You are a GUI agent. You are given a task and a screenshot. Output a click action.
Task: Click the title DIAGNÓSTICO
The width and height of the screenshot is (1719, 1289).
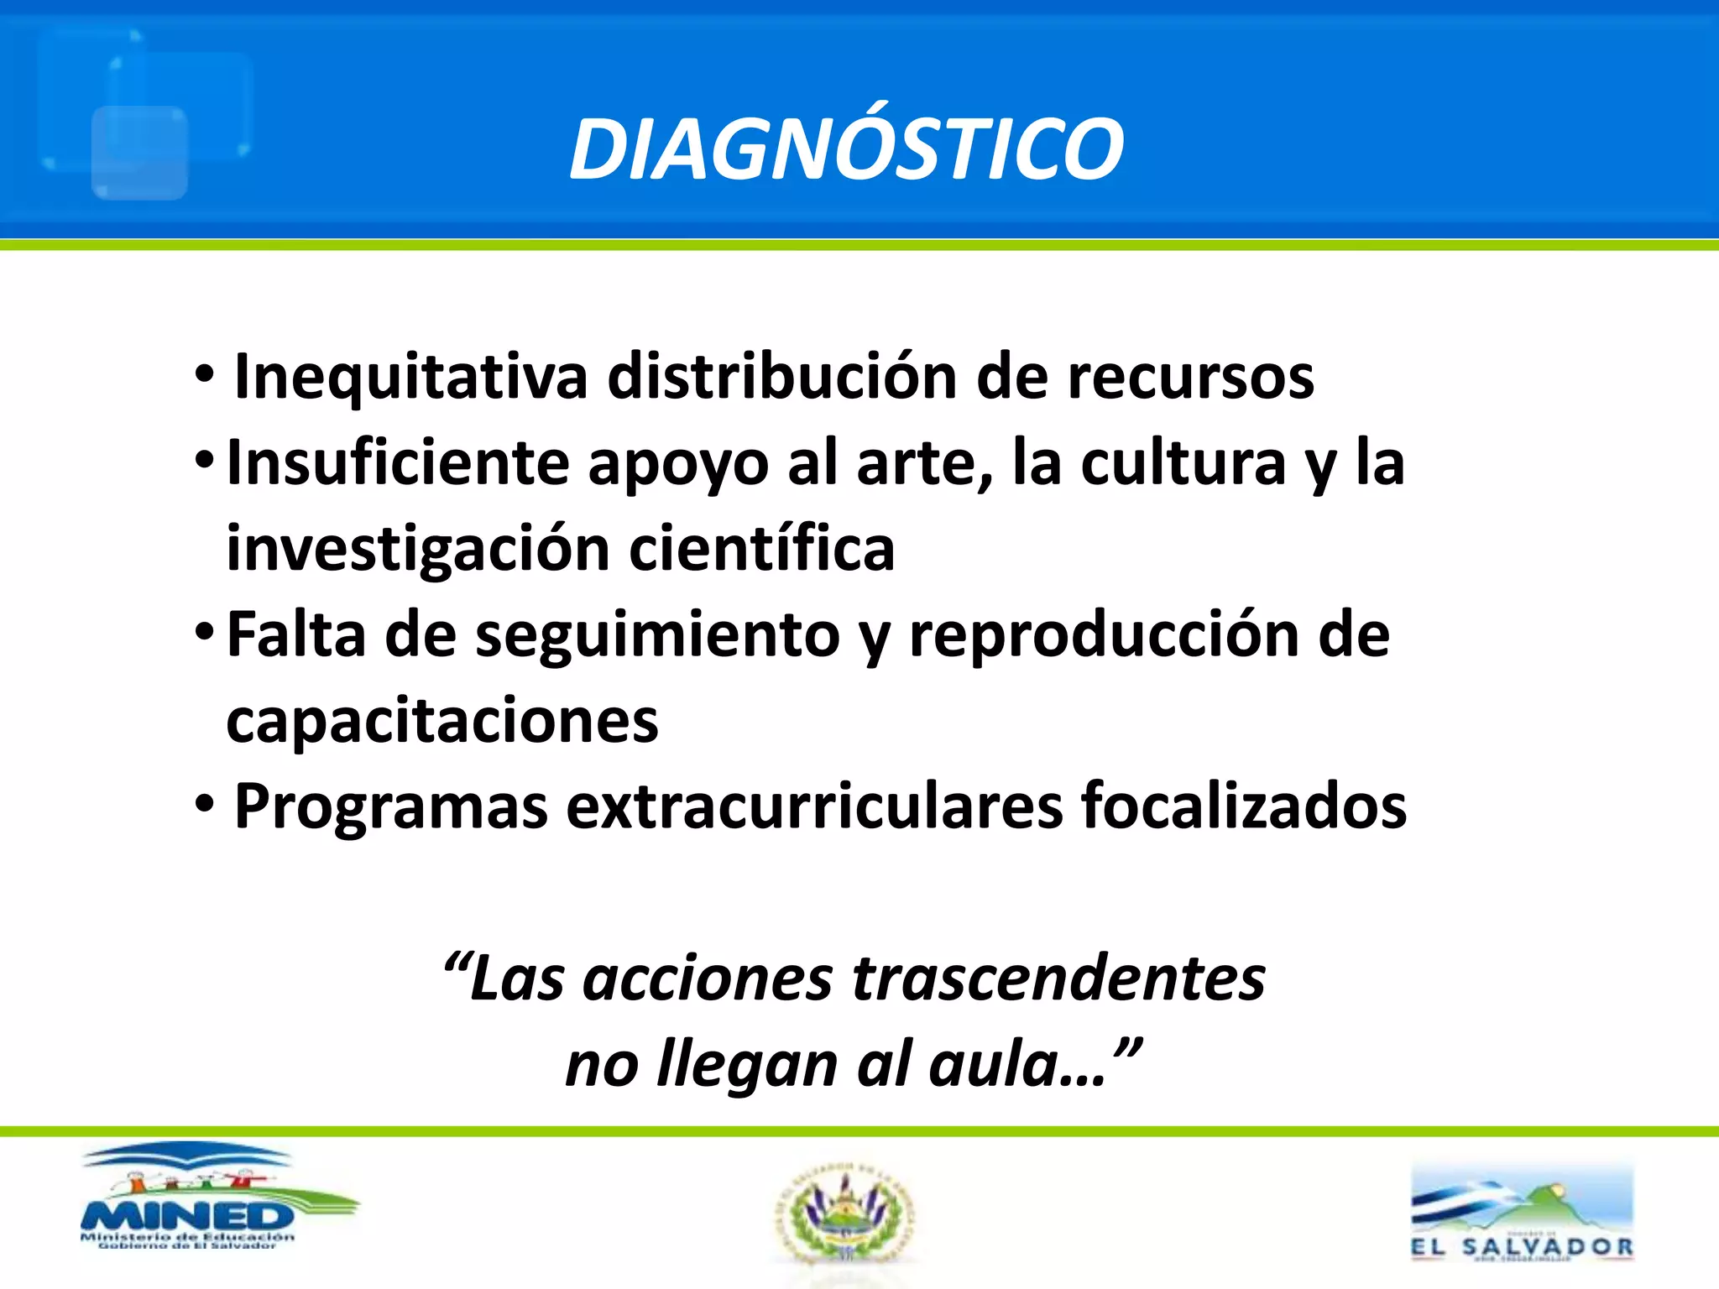point(846,149)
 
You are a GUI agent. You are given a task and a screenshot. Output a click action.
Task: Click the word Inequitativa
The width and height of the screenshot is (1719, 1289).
point(410,377)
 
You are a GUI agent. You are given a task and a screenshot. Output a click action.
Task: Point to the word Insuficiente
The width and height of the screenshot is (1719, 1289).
point(399,462)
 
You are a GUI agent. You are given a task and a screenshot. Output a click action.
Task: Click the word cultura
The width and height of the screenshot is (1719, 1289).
point(1183,462)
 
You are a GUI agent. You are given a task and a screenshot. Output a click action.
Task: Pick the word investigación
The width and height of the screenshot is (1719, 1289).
point(418,550)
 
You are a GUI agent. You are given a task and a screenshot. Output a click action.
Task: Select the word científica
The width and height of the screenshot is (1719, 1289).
point(762,548)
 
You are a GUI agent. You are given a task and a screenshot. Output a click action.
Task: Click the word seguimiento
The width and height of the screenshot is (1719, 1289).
point(657,636)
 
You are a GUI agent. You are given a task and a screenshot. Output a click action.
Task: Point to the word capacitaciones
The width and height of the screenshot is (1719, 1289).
point(442,722)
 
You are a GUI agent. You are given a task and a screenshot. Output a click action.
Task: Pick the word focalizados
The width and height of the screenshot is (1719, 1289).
point(1244,807)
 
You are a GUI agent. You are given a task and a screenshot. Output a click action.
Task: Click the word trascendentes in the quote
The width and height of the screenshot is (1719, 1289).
point(1058,979)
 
